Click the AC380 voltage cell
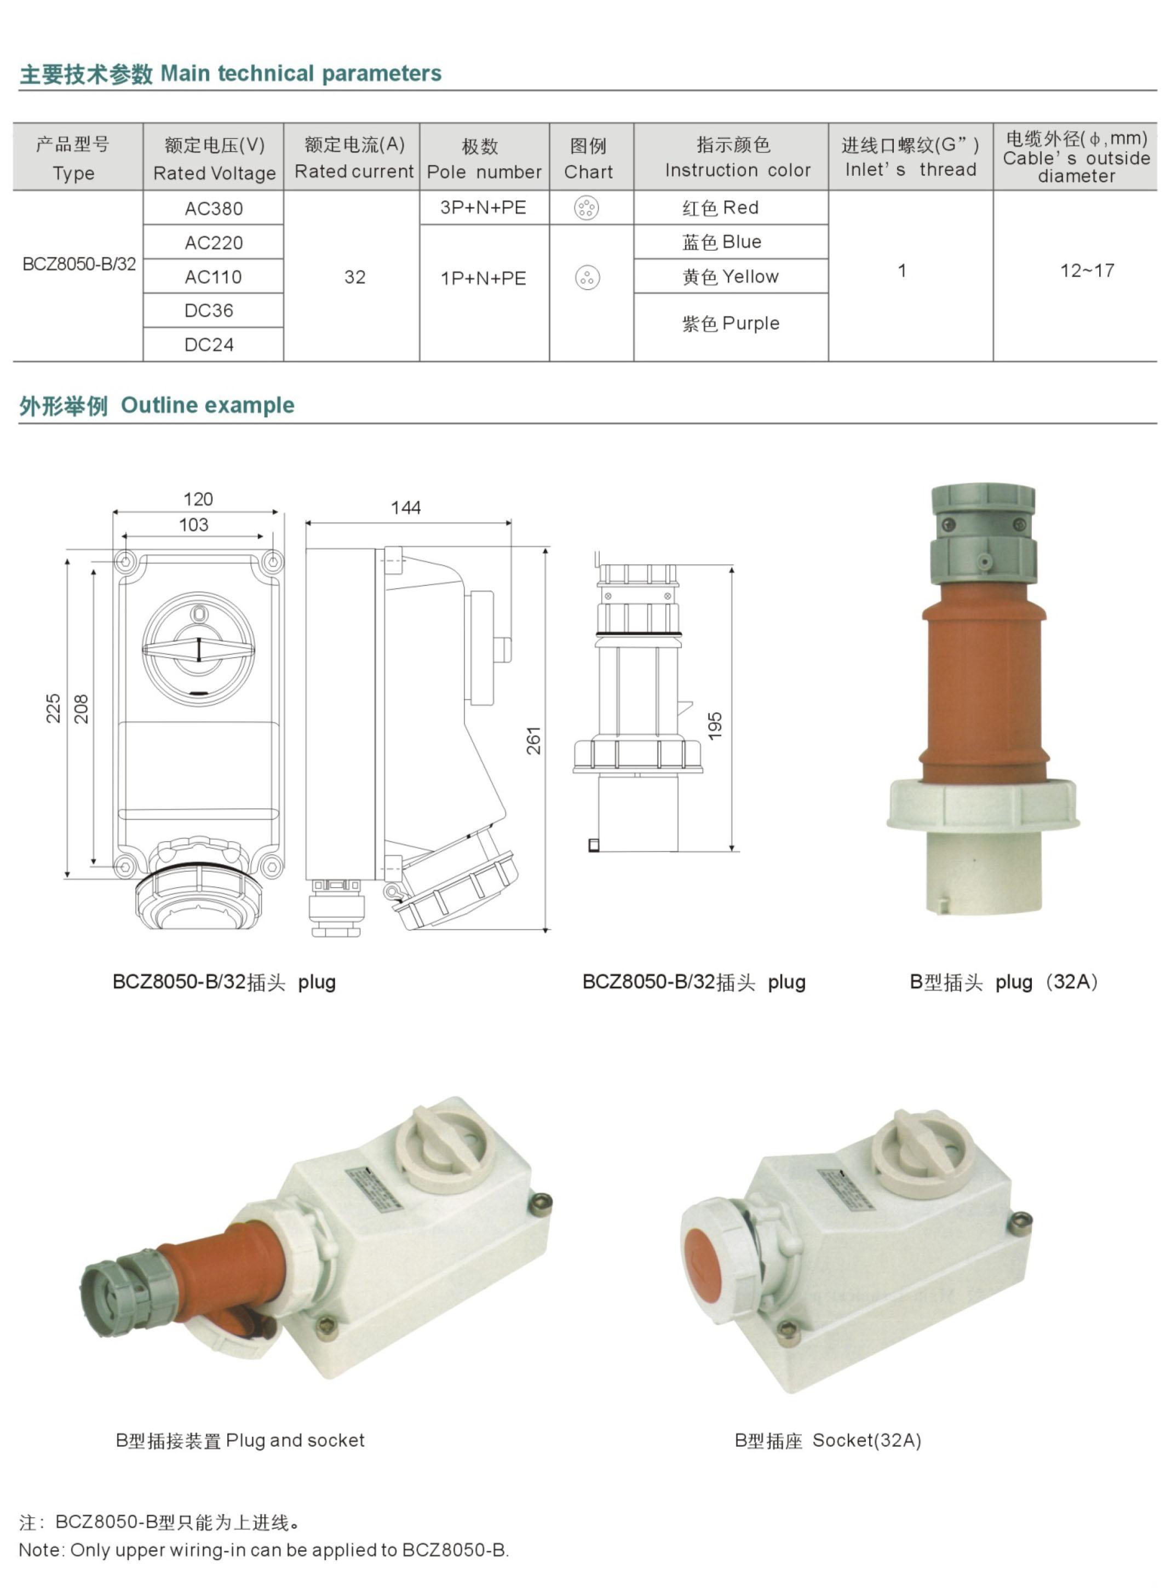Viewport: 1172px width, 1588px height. pyautogui.click(x=214, y=209)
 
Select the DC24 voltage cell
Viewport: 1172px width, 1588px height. pyautogui.click(x=209, y=344)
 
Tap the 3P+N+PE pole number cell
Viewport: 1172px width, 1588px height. pyautogui.click(x=484, y=208)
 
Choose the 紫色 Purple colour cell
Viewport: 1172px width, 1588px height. pyautogui.click(x=731, y=324)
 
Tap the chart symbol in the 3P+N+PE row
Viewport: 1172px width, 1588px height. pyautogui.click(x=587, y=208)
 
